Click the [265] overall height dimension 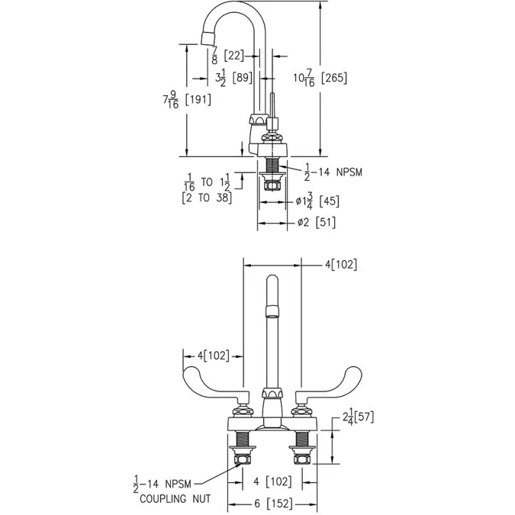coord(336,78)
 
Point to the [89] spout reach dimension coord(243,76)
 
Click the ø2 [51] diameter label coord(315,223)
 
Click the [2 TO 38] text coord(207,198)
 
